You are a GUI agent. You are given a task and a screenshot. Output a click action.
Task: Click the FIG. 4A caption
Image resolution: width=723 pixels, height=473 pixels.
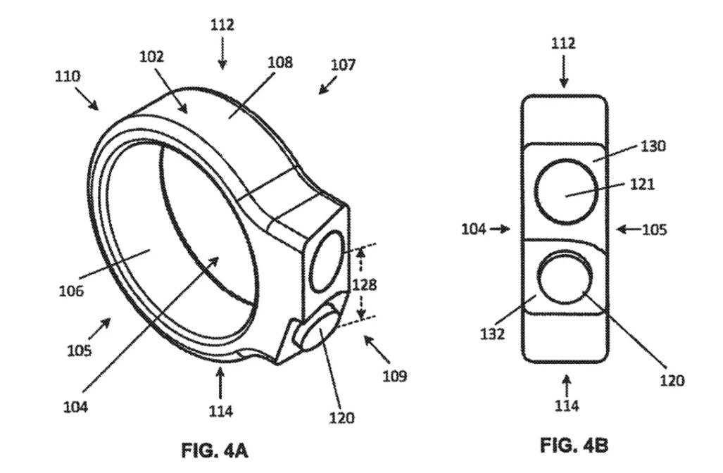point(215,450)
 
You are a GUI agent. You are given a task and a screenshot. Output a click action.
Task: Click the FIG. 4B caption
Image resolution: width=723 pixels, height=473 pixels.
point(574,445)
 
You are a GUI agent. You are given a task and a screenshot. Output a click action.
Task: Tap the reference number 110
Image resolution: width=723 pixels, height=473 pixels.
point(68,75)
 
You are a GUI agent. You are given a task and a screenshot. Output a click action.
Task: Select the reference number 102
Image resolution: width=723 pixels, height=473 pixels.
point(151,56)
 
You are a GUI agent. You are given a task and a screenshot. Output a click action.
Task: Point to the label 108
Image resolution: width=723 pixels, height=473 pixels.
point(280,62)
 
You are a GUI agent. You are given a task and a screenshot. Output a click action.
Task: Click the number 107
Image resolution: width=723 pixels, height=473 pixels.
point(344,65)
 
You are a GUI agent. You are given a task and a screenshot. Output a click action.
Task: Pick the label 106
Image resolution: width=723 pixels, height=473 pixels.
point(72,291)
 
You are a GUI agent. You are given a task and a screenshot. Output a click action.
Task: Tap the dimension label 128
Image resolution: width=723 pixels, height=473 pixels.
point(364,284)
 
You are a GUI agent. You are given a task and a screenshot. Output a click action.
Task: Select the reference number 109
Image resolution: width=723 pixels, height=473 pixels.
point(395,376)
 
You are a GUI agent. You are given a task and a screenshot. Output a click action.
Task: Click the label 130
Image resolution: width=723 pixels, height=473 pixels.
point(653,146)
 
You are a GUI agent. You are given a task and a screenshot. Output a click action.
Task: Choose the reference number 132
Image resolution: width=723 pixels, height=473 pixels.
point(493,334)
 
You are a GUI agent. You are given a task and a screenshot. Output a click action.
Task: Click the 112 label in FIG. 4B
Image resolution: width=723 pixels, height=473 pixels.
point(563,44)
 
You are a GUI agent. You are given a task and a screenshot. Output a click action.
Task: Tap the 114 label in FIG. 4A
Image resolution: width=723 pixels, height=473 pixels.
point(220,410)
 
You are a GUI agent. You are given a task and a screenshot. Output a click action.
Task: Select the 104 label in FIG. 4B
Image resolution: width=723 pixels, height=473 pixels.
point(474,229)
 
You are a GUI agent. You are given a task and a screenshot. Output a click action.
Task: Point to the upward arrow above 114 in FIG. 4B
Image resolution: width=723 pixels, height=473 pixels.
point(567,386)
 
